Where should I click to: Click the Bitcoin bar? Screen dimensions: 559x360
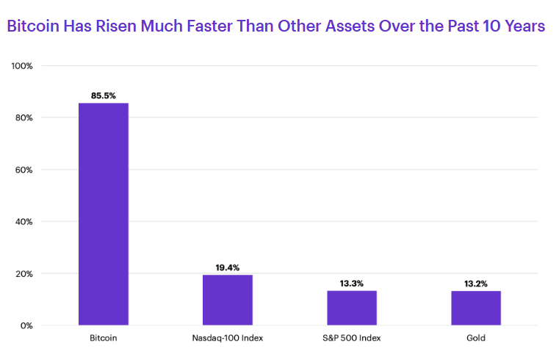click(x=104, y=214)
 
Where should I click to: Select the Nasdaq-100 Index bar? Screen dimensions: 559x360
click(x=228, y=300)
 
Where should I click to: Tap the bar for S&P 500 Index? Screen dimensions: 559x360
click(x=352, y=308)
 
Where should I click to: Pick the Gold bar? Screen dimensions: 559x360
click(x=476, y=308)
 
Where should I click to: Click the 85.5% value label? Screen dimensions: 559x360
click(x=104, y=96)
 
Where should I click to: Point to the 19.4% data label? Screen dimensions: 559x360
click(x=228, y=267)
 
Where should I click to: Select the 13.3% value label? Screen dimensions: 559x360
click(x=352, y=284)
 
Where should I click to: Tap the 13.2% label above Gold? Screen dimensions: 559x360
click(x=475, y=284)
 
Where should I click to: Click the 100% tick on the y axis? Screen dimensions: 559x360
click(x=22, y=66)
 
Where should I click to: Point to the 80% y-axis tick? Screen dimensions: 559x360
click(x=24, y=118)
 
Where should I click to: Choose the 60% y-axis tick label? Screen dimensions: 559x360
click(x=24, y=170)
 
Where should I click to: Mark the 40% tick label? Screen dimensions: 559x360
click(x=24, y=222)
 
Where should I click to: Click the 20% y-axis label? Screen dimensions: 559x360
click(x=24, y=274)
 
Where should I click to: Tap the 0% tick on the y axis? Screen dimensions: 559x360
click(x=26, y=325)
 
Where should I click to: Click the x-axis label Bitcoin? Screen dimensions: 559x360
click(x=104, y=338)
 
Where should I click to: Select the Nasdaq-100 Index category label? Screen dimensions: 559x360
click(x=228, y=338)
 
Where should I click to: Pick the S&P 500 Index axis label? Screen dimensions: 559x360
click(x=352, y=338)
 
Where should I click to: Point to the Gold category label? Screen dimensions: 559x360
click(x=476, y=338)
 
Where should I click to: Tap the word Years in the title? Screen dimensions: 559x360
click(x=524, y=26)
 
